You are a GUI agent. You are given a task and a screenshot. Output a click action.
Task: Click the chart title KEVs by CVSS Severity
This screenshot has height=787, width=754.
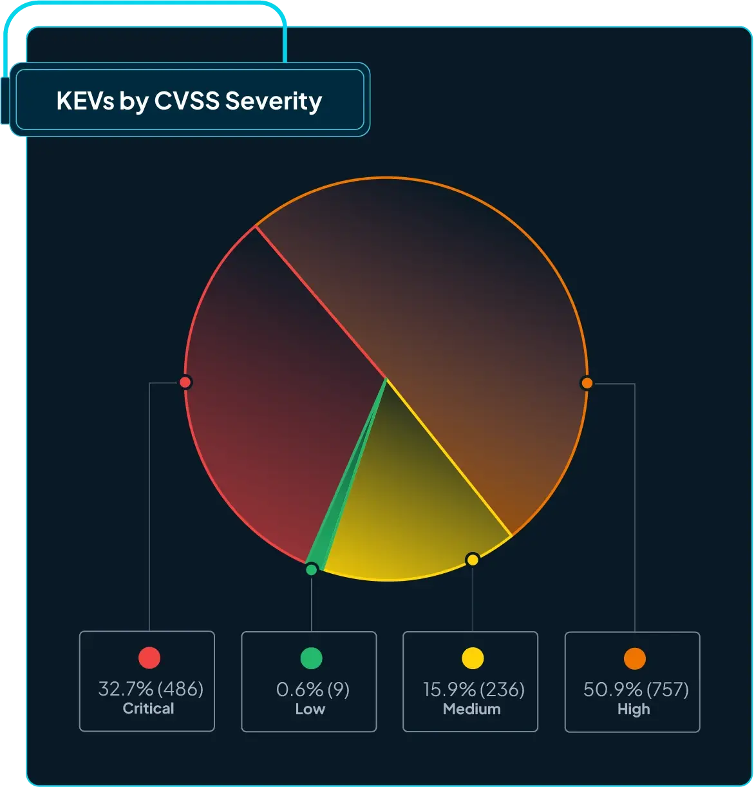tap(189, 101)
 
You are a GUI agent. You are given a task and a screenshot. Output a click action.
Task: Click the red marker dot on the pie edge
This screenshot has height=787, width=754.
tap(185, 383)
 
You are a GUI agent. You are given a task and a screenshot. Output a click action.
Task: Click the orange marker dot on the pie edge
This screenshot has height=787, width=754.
tap(586, 383)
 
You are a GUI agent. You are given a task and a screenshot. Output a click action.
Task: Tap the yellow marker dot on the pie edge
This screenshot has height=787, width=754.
tap(473, 559)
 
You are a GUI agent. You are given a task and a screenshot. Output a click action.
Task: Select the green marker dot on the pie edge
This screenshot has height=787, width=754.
tap(312, 569)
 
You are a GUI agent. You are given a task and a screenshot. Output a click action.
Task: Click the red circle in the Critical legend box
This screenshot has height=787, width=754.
tap(149, 658)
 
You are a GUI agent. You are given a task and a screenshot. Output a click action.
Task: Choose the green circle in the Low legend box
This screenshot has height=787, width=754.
tap(311, 658)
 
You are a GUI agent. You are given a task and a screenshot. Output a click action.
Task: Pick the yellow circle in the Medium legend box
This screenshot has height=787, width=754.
tap(473, 658)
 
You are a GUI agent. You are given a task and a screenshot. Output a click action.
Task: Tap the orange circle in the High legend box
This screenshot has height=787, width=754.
tap(635, 658)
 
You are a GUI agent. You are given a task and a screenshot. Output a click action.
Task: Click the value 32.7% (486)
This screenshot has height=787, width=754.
tap(151, 689)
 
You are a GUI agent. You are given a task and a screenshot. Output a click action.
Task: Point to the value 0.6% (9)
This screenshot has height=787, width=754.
tap(312, 690)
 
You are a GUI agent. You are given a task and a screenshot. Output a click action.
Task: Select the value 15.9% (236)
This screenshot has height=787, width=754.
tap(473, 690)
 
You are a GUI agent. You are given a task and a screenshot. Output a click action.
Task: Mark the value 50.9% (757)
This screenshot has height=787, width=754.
tap(636, 690)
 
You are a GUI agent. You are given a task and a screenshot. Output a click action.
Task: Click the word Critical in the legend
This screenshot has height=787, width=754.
tap(148, 708)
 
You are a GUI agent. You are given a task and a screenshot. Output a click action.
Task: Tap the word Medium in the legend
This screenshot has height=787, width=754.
tap(471, 709)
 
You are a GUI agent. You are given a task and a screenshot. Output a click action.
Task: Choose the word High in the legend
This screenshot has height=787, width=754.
tap(634, 709)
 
